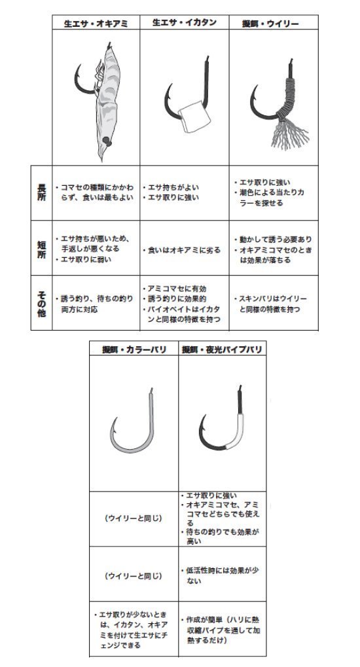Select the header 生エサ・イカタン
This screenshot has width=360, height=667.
coord(184,22)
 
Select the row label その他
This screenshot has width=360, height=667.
coord(41,302)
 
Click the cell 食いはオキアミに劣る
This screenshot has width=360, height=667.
coord(184,250)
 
